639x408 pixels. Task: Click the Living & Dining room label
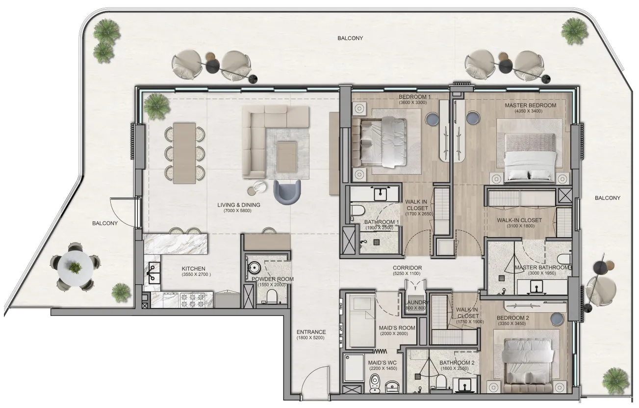[x=239, y=205]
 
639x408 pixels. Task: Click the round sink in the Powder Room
[x=254, y=268]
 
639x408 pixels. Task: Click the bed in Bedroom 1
[x=384, y=142]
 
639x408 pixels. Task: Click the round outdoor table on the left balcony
[x=75, y=267]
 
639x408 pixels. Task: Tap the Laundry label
[x=417, y=302]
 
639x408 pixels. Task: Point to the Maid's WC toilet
[x=376, y=382]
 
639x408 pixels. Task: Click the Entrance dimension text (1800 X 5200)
[x=310, y=338]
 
